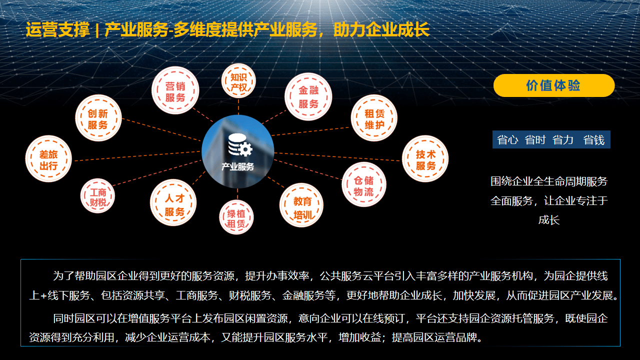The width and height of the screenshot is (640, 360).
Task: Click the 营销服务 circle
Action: (175, 90)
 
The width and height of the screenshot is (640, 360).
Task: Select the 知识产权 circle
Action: (238, 81)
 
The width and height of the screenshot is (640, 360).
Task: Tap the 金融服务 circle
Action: (308, 96)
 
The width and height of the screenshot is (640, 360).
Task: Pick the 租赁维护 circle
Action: (374, 118)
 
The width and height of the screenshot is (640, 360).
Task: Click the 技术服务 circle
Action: (425, 159)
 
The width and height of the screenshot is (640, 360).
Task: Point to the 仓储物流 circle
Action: (363, 184)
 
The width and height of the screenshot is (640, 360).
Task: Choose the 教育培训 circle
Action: (301, 205)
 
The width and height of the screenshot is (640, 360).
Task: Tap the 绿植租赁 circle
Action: (236, 217)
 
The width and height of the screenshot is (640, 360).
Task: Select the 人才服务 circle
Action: (173, 202)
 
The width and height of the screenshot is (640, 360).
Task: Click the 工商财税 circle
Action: (97, 196)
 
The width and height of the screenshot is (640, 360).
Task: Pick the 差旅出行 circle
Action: (48, 159)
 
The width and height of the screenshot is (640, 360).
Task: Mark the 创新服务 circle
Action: (98, 118)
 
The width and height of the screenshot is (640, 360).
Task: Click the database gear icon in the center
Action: (240, 145)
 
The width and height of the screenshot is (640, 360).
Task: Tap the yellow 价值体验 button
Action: (553, 85)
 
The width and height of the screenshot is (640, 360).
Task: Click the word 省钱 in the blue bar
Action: (593, 140)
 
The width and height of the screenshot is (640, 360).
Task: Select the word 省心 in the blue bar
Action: (507, 140)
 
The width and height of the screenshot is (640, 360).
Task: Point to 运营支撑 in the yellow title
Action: (57, 29)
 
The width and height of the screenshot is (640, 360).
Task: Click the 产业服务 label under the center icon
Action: (237, 166)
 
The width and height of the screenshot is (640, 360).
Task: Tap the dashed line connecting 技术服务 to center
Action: (337, 157)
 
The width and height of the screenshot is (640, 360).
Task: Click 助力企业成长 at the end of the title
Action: (381, 29)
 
